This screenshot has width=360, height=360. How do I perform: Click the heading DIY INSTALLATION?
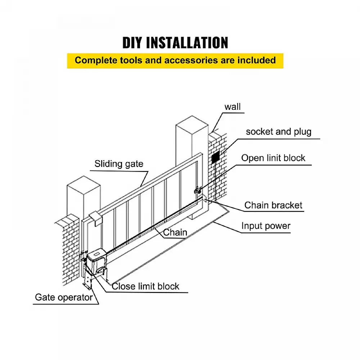coord(175,42)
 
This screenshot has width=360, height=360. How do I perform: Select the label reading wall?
coord(233,107)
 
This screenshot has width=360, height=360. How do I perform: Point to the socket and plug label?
coord(278,131)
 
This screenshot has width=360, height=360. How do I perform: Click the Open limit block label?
coord(273,158)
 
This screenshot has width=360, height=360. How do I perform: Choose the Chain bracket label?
coord(273,205)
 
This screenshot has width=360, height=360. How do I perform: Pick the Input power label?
coord(266,226)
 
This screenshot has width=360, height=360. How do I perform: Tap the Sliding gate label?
coord(119,164)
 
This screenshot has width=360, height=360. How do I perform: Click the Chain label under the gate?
coord(175,232)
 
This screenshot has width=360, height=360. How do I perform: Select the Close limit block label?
coord(145,286)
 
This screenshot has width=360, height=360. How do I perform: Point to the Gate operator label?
coord(64,297)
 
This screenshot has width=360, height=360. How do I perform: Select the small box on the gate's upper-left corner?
coord(95,217)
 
